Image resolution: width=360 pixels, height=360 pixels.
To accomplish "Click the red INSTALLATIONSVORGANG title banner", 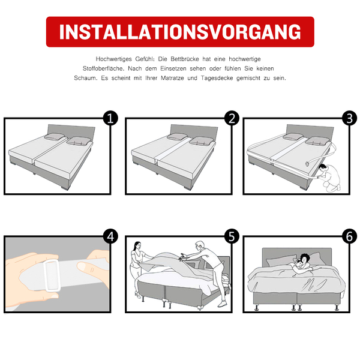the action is coord(180,32).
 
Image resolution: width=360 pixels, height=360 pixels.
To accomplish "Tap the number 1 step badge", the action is coord(110,118).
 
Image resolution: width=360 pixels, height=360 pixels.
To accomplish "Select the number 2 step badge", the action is coord(232,118).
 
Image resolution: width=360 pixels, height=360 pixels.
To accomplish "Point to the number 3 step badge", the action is coord(349,118).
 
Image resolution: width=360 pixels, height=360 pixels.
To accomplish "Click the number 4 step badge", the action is coord(110,236).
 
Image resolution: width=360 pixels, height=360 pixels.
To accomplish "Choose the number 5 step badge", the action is coord(232,236).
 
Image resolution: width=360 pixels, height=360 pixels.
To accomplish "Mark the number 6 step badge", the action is coord(349,236).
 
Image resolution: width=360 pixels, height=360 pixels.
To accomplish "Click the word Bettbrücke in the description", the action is coord(185,59).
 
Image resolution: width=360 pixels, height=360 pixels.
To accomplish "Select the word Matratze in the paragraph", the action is coord(172,78).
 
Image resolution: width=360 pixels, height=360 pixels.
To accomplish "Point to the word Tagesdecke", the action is coord(217,78).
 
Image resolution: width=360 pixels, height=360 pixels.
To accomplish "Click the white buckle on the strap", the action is coord(52,275).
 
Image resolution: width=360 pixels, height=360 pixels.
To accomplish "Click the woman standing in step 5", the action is coord(139,270).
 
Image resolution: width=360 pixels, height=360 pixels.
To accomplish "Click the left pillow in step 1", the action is coord(54,136).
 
